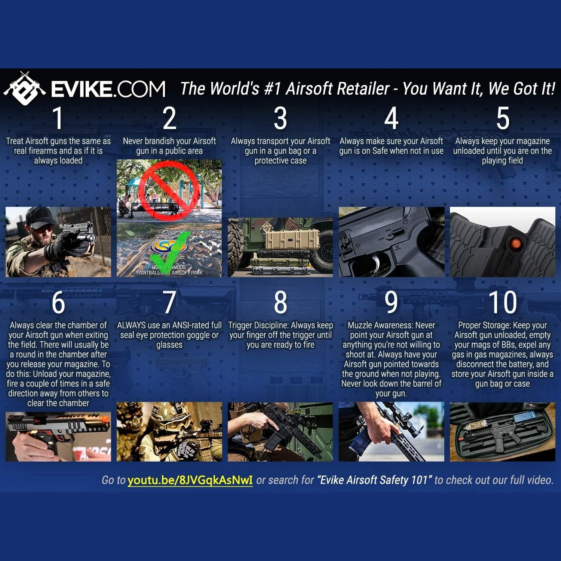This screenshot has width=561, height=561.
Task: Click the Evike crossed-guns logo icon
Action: coord(25,89)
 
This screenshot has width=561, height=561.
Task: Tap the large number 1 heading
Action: coord(58,118)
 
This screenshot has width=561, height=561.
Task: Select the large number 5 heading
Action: coord(503,118)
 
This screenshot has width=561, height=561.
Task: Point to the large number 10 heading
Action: coord(502,302)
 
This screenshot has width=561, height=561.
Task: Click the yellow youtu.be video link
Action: coord(190,480)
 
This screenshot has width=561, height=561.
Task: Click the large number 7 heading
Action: coord(169,302)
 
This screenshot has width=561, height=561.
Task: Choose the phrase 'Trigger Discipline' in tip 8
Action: coord(258,325)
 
